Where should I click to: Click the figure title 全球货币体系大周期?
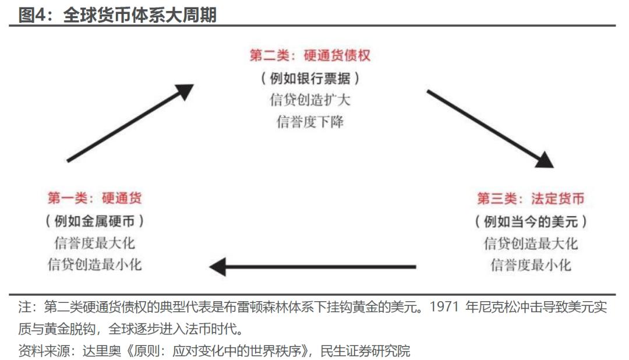click(140, 15)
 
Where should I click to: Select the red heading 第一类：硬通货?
click(95, 198)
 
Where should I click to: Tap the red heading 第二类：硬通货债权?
click(310, 55)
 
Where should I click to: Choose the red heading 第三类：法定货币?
click(531, 198)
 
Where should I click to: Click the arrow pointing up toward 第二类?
click(130, 123)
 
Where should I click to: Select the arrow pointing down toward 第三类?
click(490, 128)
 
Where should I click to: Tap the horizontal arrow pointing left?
click(313, 266)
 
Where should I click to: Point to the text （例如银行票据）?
click(310, 78)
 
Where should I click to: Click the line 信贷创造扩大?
click(310, 100)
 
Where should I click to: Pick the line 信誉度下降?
click(310, 122)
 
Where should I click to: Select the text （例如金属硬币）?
click(95, 220)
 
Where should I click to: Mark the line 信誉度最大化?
click(95, 243)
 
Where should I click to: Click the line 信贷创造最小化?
click(95, 264)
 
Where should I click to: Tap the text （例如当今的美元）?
click(531, 221)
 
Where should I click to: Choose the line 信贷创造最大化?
click(531, 243)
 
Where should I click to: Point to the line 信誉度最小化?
click(531, 265)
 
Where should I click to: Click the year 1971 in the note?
click(444, 307)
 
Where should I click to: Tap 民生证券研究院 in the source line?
click(365, 351)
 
